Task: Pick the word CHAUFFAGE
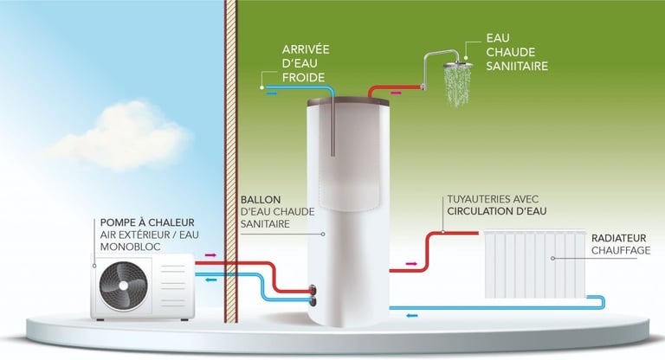(x=619, y=250)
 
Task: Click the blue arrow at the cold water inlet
(x=272, y=88)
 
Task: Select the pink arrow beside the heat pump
(x=210, y=256)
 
